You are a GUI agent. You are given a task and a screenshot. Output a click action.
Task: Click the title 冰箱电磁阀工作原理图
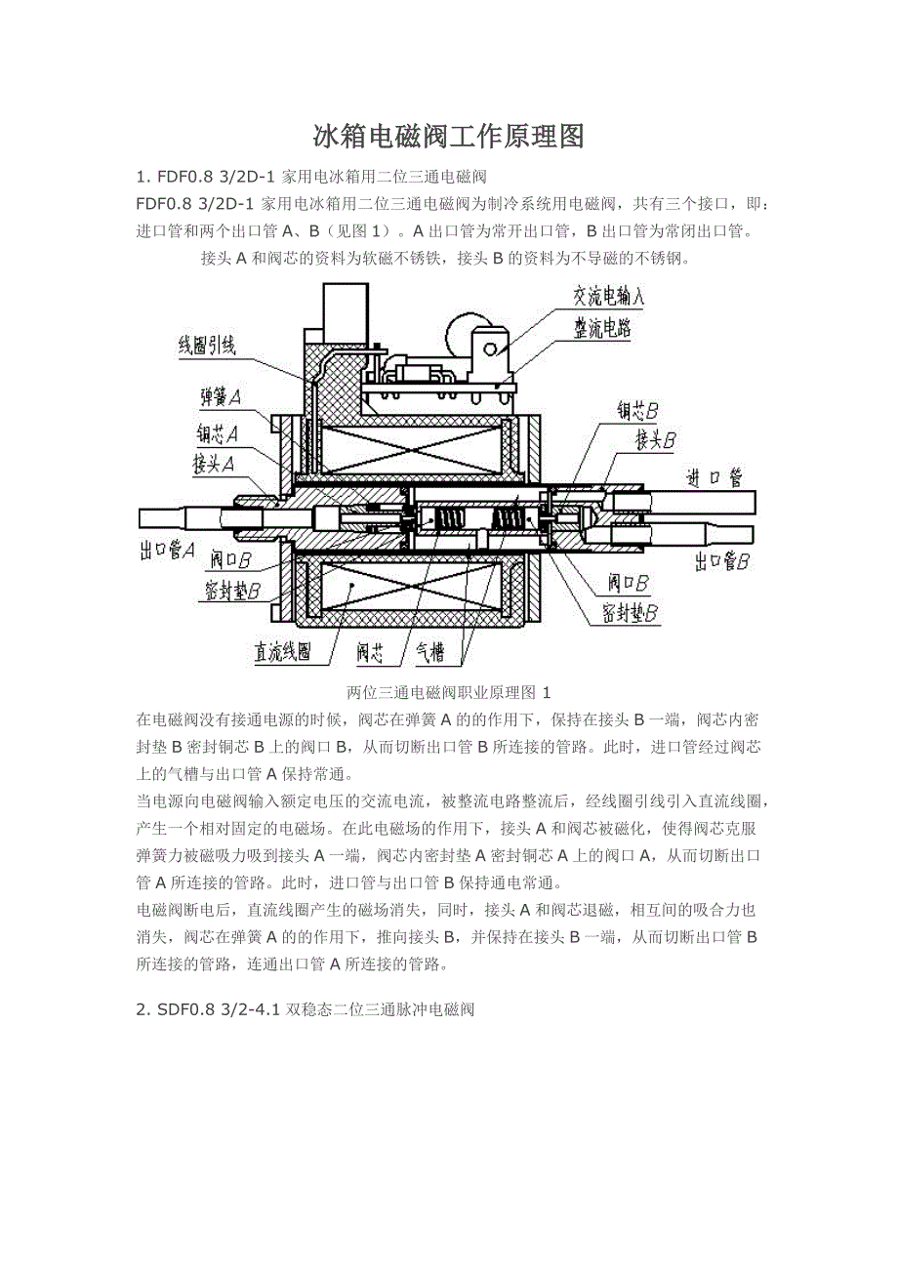(x=448, y=137)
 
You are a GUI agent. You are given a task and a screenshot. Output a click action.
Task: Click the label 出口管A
(x=167, y=551)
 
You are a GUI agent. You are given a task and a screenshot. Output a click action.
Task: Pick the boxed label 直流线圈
(x=284, y=651)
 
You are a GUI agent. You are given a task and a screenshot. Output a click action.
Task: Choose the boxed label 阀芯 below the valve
(x=375, y=651)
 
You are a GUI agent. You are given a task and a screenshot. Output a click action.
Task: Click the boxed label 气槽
(x=430, y=651)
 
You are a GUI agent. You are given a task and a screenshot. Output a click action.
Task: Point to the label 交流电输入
(x=608, y=295)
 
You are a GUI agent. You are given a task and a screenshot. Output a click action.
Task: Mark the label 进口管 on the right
(x=714, y=477)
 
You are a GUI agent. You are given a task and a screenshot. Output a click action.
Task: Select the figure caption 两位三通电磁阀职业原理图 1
(x=448, y=692)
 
